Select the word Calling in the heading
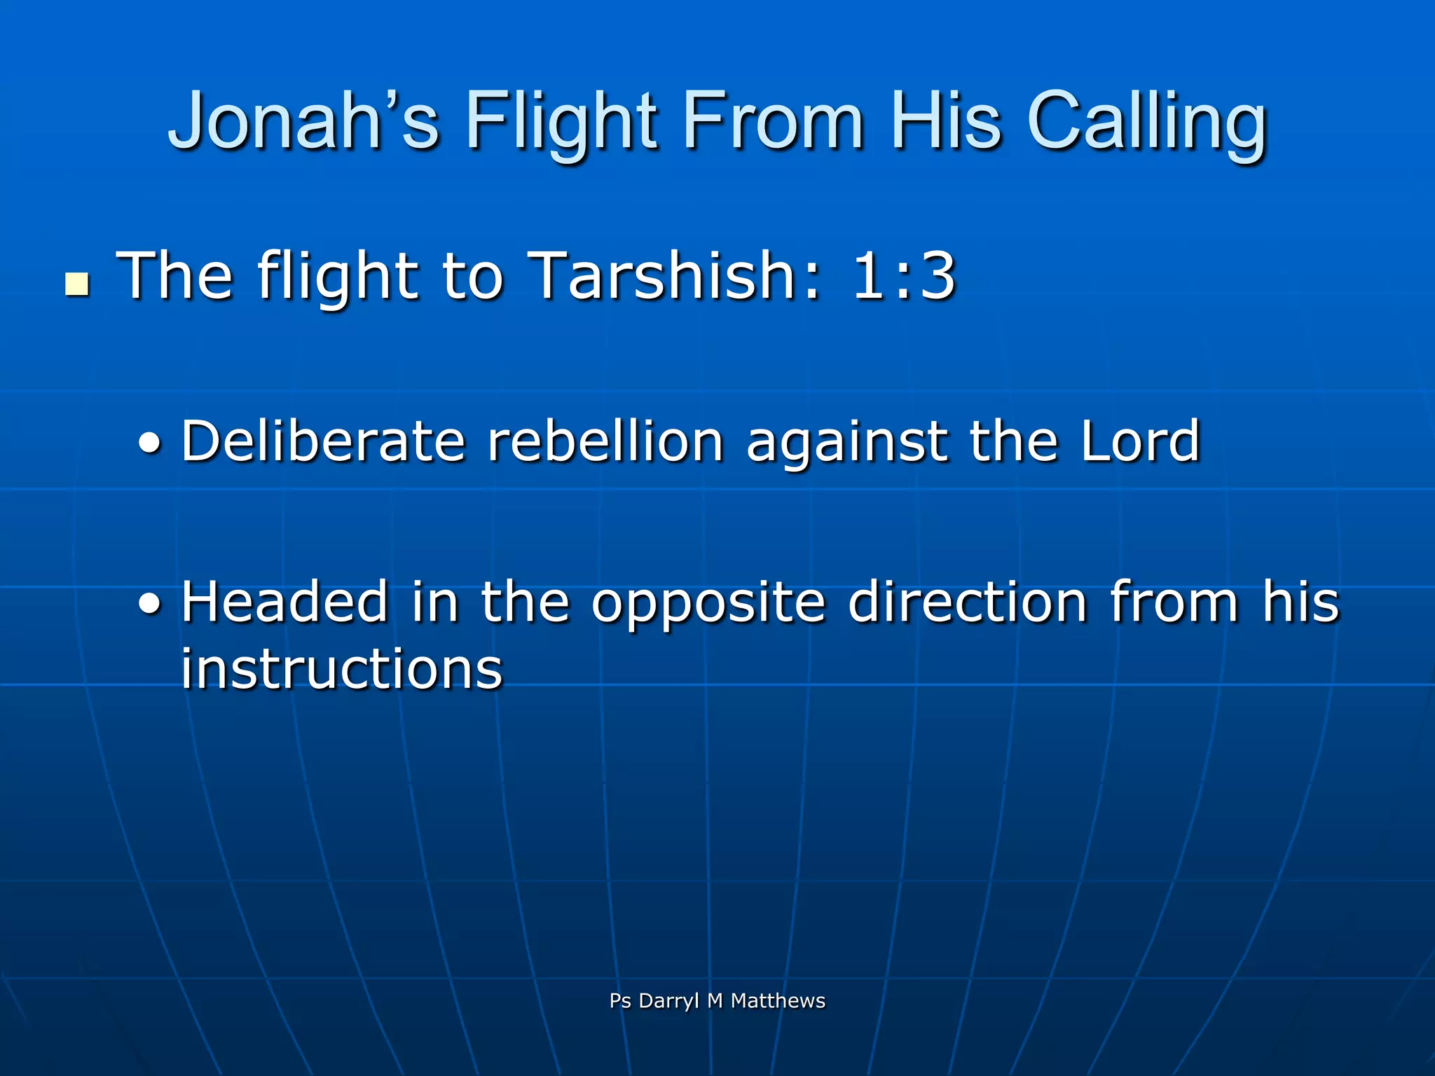coord(1147,120)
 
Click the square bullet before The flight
coord(77,284)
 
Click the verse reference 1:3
coord(903,275)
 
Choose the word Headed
coord(284,602)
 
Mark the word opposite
coord(708,603)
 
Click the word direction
coord(967,602)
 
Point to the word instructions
coord(342,668)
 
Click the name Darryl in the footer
coord(668,1001)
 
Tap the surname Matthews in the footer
coord(778,1000)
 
